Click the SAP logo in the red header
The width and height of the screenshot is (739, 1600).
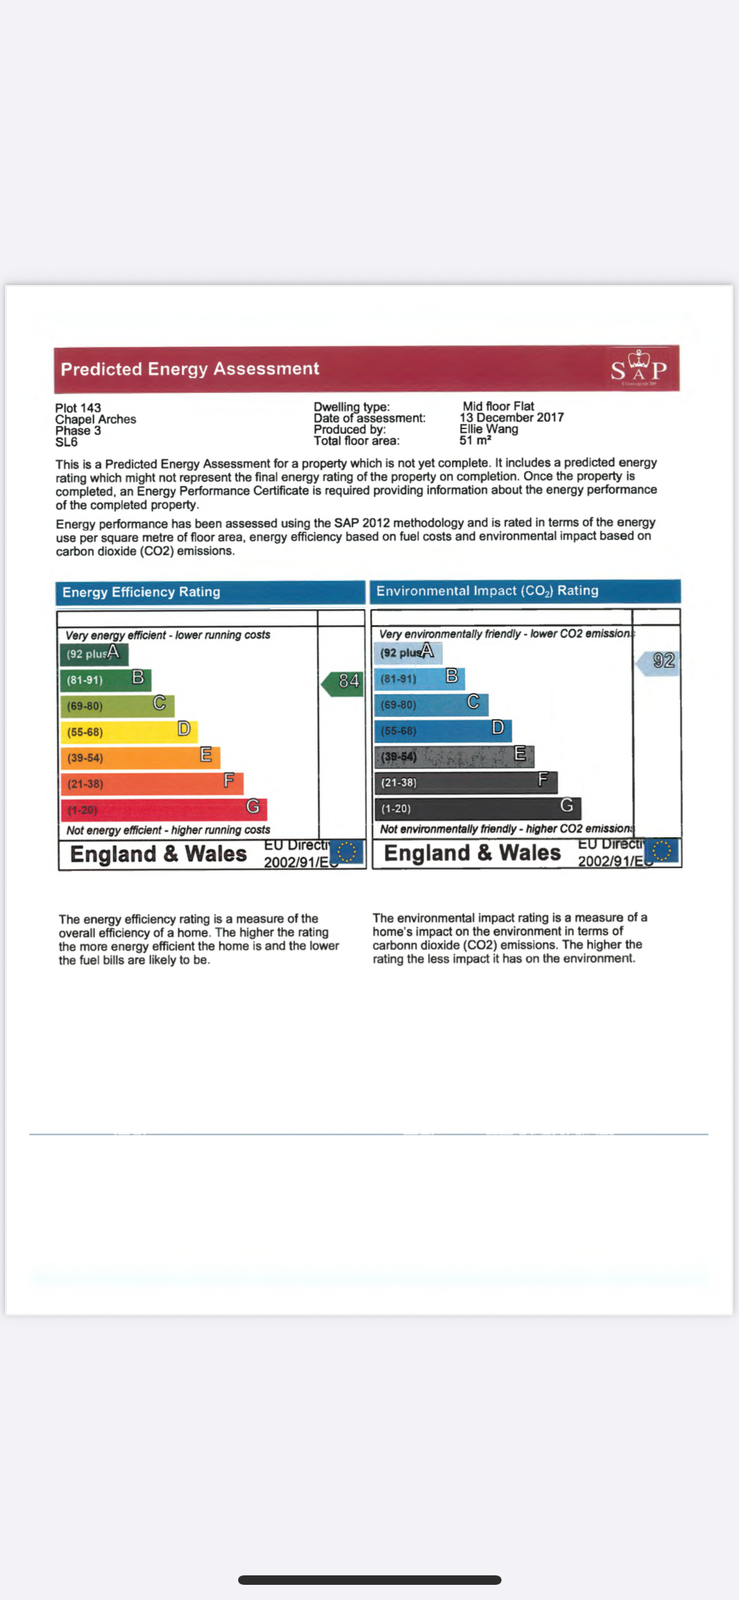pos(639,368)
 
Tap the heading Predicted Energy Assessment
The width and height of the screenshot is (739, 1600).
pos(189,368)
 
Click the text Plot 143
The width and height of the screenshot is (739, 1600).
pos(78,408)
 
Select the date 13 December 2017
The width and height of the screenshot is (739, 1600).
pos(512,417)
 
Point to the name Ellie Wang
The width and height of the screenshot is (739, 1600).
pos(489,428)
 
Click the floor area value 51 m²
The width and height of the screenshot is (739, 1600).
pos(475,440)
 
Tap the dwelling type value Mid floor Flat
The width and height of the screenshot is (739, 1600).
pos(498,406)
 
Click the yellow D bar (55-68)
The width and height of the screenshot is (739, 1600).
pos(129,732)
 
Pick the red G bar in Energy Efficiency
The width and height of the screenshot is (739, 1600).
pos(164,809)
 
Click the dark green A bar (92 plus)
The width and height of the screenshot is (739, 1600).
pos(94,654)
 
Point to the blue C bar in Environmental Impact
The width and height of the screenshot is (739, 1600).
pos(431,704)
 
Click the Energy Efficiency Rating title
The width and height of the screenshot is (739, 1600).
pos(141,592)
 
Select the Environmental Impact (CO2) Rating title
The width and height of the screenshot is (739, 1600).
pos(487,591)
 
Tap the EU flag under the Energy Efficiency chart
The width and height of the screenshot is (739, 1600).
pos(347,852)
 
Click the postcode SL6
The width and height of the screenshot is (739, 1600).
pos(66,442)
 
